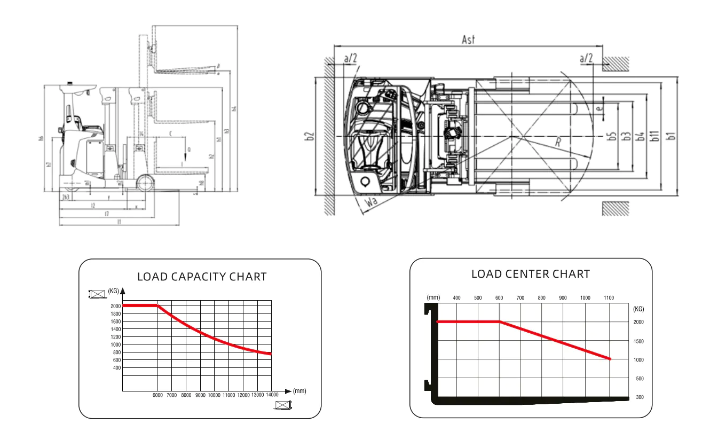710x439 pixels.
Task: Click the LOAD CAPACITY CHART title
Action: [202, 277]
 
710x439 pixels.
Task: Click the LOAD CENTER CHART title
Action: [531, 274]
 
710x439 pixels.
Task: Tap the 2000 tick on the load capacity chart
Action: [116, 306]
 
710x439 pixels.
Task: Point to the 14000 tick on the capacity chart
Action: [272, 395]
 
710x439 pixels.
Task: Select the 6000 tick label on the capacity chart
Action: [157, 395]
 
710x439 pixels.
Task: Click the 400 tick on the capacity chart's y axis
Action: [116, 368]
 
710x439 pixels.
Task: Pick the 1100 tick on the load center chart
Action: [609, 298]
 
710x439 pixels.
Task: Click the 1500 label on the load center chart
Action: [638, 341]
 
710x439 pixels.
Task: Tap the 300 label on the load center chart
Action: [640, 398]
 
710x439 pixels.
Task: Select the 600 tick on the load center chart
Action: [499, 298]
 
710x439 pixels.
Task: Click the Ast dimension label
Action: [468, 40]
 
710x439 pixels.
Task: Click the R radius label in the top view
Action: [557, 143]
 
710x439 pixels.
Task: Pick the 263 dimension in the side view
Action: [65, 197]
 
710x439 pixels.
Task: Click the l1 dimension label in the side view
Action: [119, 221]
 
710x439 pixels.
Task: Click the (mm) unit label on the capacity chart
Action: [299, 391]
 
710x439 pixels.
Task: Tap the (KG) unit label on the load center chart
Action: [638, 309]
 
